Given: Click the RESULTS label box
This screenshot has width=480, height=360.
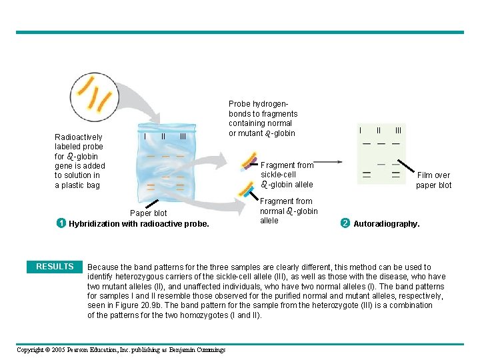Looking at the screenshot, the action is point(55,267).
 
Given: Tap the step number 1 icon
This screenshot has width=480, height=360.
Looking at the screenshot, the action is point(60,223).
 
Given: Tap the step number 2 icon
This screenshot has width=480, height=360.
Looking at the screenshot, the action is point(345,223).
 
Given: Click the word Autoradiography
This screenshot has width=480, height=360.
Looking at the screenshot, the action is point(386,224).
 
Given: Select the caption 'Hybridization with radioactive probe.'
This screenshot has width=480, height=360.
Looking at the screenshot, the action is point(139,224).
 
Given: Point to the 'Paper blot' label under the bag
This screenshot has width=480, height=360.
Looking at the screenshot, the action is point(149,213).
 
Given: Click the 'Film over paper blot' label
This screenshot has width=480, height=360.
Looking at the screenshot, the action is point(433,180).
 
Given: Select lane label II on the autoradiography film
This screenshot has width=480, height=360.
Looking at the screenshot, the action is point(379,129).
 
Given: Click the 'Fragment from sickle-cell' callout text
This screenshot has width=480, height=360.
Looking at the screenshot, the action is point(287,175).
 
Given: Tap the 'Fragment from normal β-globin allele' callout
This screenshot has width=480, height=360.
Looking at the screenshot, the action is point(288,211).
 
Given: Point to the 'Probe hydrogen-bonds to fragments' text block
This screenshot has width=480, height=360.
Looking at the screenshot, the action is point(263,119).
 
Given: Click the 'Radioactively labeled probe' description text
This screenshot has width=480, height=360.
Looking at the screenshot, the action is point(79,161).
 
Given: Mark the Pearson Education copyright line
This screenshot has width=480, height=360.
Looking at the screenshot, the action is point(121,350).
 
